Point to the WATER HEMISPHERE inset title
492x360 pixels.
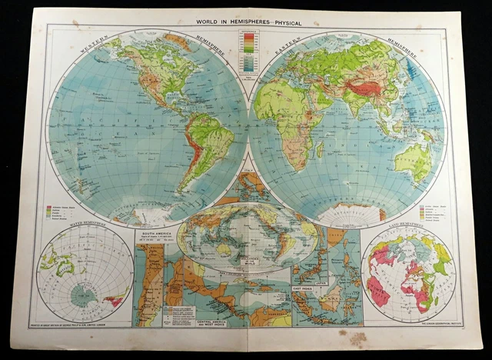[x=64, y=227]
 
